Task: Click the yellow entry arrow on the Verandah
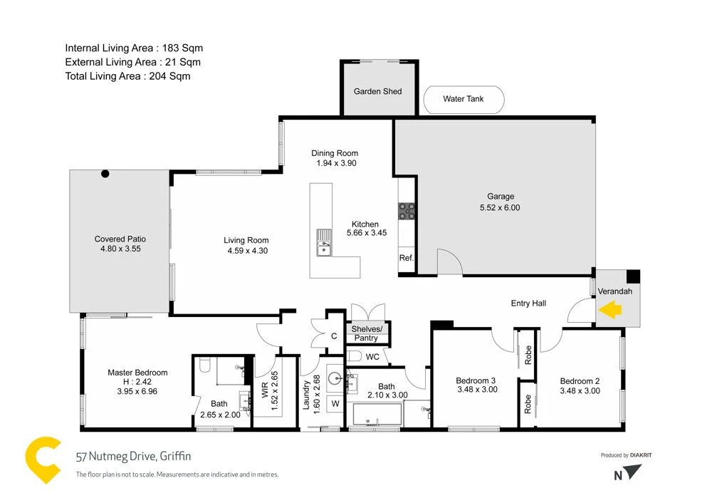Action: (611, 309)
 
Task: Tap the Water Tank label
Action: (463, 99)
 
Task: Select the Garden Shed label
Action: (377, 91)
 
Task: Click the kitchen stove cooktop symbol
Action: (407, 209)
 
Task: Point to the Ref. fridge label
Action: (406, 258)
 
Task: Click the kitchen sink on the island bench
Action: (324, 244)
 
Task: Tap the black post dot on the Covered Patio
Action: (105, 173)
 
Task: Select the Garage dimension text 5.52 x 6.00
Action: (500, 208)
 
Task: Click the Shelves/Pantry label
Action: (367, 333)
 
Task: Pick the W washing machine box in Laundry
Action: (335, 404)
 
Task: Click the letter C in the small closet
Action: (334, 336)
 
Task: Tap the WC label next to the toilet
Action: (373, 356)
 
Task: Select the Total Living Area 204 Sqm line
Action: (127, 76)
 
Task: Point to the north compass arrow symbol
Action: (633, 472)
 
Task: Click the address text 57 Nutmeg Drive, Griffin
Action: (133, 456)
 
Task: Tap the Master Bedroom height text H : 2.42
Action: (137, 381)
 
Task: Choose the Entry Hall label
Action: (528, 304)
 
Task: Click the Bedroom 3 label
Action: (476, 380)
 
